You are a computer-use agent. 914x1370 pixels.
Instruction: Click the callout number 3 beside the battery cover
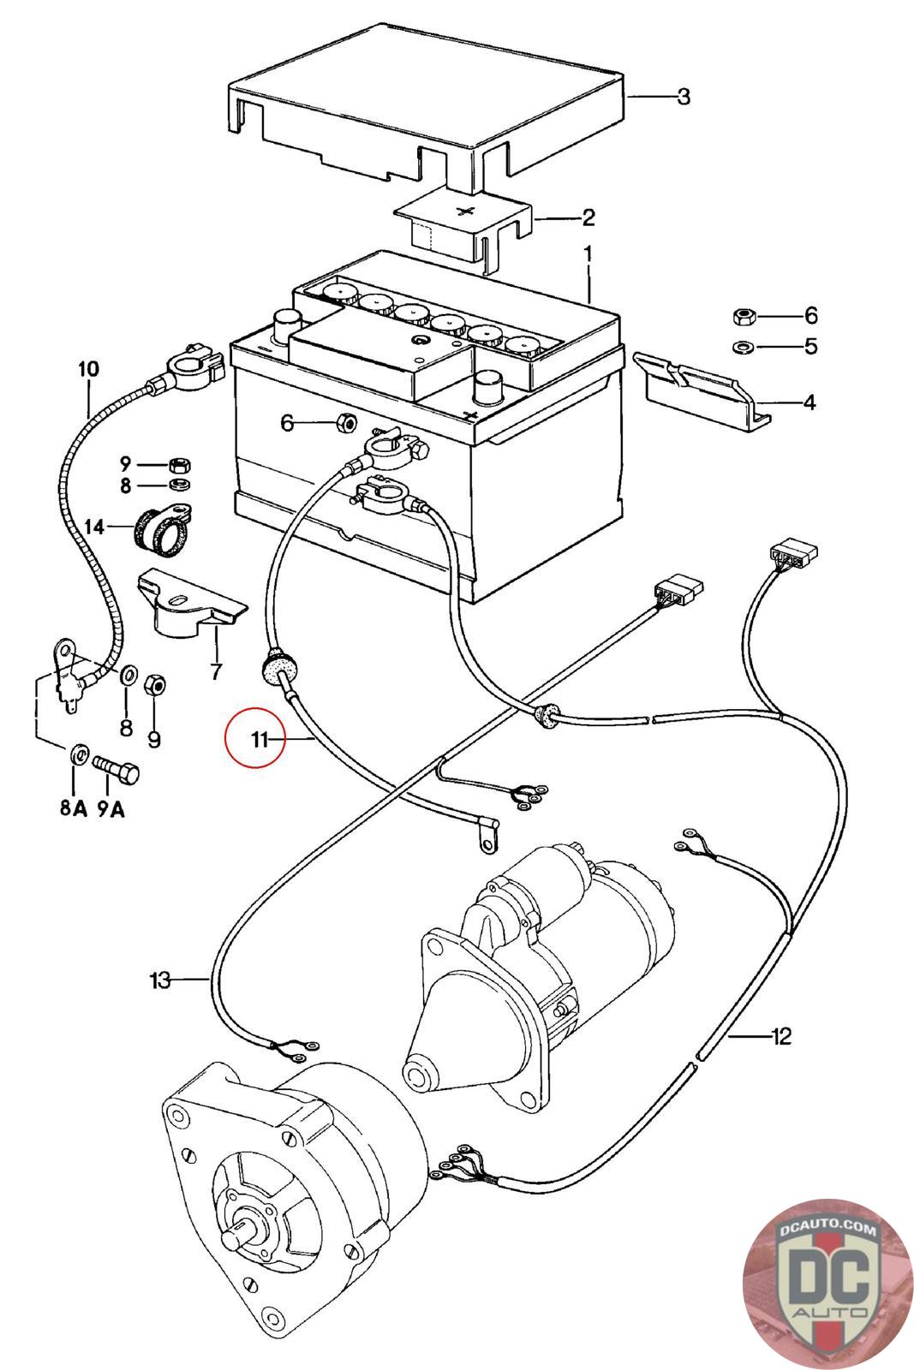click(x=683, y=97)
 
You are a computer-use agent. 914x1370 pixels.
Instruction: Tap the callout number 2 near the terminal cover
click(x=588, y=217)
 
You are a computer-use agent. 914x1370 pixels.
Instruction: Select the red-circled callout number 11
click(x=260, y=740)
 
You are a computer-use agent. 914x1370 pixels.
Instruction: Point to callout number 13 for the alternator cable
click(x=159, y=980)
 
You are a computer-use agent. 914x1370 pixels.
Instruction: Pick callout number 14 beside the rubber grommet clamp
click(x=94, y=527)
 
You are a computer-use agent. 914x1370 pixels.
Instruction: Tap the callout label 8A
click(x=74, y=808)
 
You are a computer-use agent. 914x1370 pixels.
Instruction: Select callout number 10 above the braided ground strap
click(x=88, y=369)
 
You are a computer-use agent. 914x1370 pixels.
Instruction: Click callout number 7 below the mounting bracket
click(x=216, y=671)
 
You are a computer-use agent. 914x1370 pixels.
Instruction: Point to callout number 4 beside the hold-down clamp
click(x=809, y=402)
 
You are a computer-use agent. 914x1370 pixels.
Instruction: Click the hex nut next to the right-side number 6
click(x=744, y=316)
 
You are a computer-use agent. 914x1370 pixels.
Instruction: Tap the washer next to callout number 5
click(x=744, y=347)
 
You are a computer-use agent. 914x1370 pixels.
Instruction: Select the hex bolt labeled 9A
click(x=116, y=770)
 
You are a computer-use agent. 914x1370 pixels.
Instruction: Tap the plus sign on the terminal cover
click(x=465, y=211)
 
